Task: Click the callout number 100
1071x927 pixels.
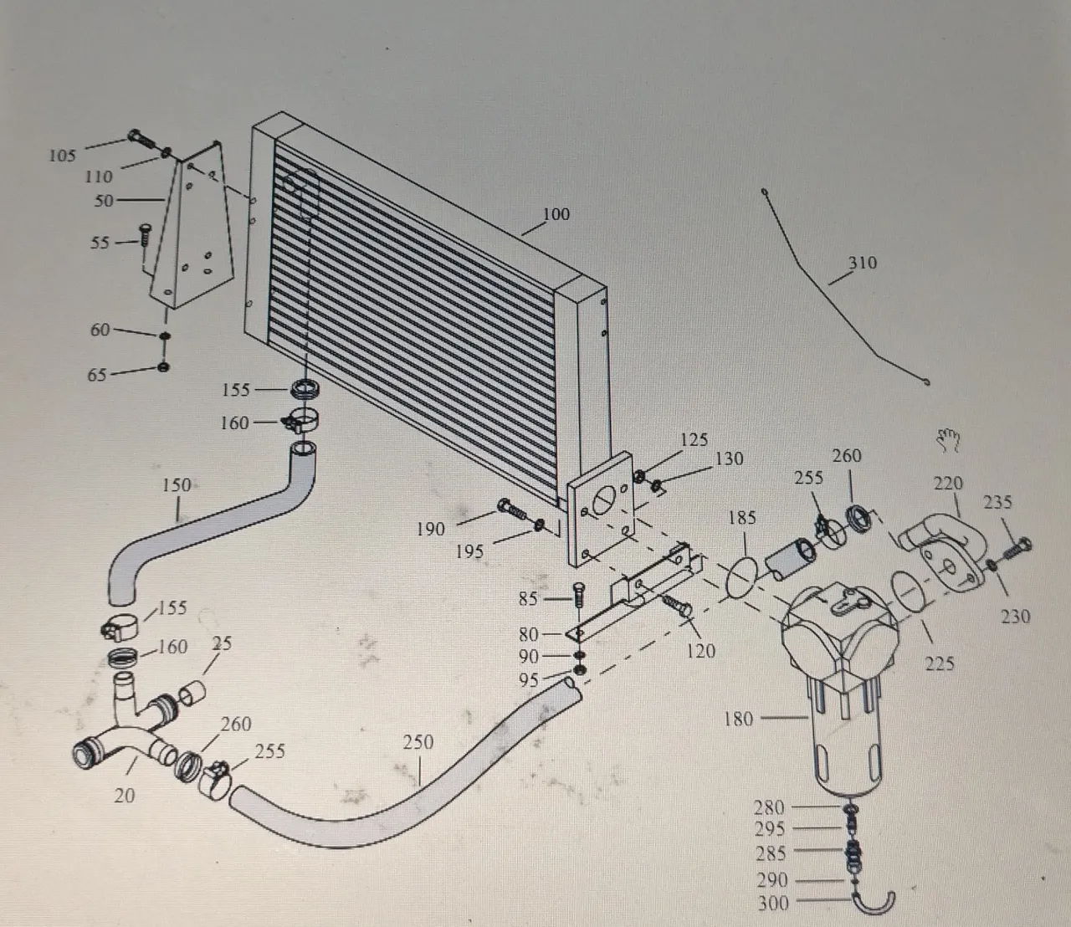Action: pos(556,214)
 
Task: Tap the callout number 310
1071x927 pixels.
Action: pos(862,263)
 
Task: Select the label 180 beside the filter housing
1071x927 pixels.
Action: pos(738,719)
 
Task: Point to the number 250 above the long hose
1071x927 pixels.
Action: pos(418,743)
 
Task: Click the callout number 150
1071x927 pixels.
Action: pos(177,485)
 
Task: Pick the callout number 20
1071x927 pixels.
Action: pos(125,796)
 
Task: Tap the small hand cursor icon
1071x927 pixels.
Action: pos(948,440)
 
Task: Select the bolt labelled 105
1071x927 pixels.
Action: pos(141,139)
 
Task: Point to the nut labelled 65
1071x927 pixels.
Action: pos(163,367)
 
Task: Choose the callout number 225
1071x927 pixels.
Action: pos(940,663)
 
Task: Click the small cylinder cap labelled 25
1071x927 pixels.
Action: pos(192,692)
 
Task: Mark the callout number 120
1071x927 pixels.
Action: pos(700,651)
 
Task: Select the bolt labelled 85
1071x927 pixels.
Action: pos(579,596)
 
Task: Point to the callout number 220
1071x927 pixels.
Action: pos(948,484)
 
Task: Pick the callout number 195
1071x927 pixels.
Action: pos(469,552)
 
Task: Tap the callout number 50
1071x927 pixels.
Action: pos(104,201)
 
